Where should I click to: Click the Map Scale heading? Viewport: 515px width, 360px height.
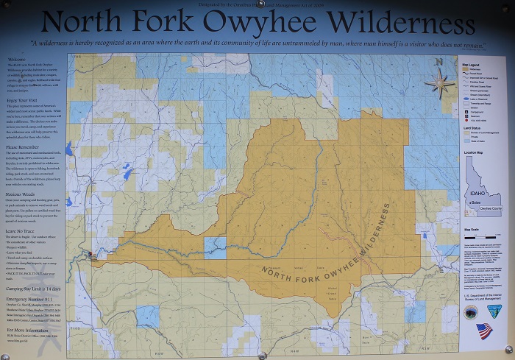[471, 230]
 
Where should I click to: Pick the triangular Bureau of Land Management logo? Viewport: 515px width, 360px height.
[493, 312]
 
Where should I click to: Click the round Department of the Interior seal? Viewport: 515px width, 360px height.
[471, 312]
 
